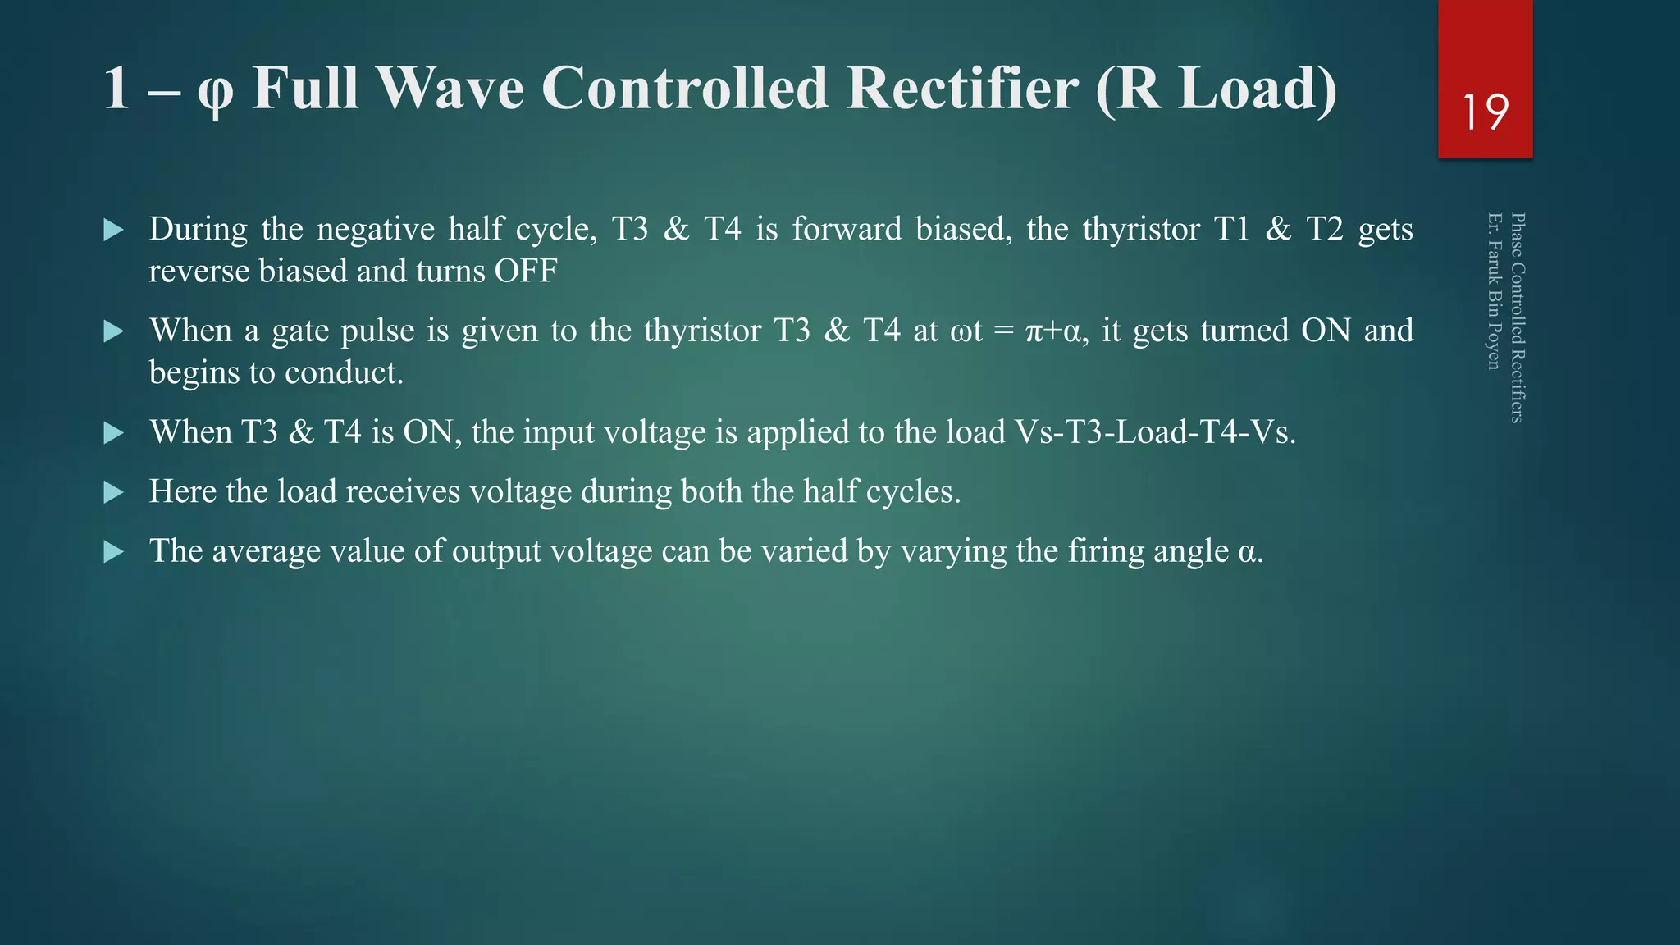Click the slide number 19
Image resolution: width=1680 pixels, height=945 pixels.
pyautogui.click(x=1485, y=112)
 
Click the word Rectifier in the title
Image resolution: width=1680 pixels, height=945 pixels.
pyautogui.click(x=962, y=88)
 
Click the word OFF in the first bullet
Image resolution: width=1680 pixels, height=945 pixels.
pyautogui.click(x=525, y=271)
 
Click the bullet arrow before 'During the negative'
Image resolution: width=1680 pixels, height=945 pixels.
pyautogui.click(x=114, y=230)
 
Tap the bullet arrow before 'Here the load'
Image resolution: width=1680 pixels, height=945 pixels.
pyautogui.click(x=114, y=492)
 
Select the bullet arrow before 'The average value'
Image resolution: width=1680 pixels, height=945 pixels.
pyautogui.click(x=114, y=552)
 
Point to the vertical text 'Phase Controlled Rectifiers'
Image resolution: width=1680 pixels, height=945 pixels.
pyautogui.click(x=1518, y=318)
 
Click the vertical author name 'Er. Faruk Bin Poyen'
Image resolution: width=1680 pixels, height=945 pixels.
pyautogui.click(x=1494, y=291)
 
